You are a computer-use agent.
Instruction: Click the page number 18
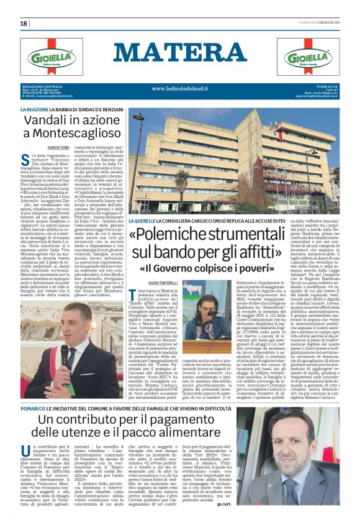point(24,23)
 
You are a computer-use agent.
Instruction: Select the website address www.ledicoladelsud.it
point(179,89)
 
